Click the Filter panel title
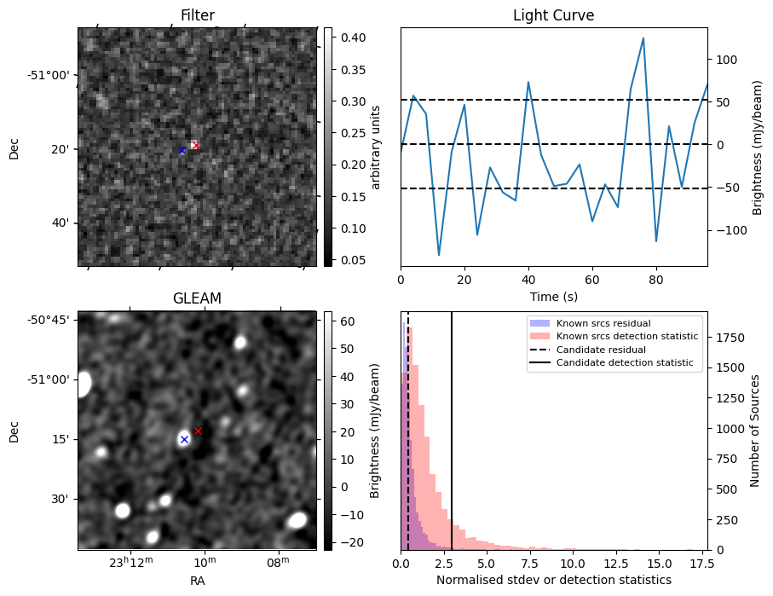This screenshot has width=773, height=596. click(x=197, y=15)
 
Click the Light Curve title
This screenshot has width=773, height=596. click(x=553, y=15)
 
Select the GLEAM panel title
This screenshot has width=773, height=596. click(x=197, y=298)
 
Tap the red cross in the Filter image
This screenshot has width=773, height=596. click(x=196, y=145)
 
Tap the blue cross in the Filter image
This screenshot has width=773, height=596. click(x=182, y=151)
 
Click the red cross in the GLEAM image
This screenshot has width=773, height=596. click(x=198, y=431)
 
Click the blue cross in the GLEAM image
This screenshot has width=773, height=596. click(x=184, y=439)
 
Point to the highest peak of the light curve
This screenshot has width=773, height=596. click(x=643, y=38)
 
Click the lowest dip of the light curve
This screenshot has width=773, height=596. click(x=439, y=255)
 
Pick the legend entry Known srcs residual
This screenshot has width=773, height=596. click(x=603, y=323)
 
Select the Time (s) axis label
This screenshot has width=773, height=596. click(x=553, y=295)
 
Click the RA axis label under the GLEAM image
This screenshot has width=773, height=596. click(x=197, y=580)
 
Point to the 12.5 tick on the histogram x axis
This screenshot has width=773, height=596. click(x=615, y=564)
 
